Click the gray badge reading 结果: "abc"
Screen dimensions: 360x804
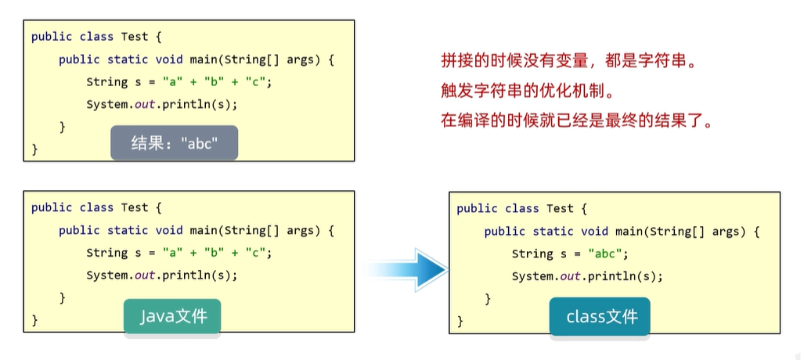(x=174, y=143)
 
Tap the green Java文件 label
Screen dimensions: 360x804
(x=172, y=316)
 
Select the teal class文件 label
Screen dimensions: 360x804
(x=600, y=316)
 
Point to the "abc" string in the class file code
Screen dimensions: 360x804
(x=608, y=254)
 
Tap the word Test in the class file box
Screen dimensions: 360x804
(x=560, y=208)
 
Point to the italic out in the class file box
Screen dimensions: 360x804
(x=571, y=275)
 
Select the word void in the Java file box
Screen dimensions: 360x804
(x=169, y=230)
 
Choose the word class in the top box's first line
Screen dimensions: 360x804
(x=96, y=37)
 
